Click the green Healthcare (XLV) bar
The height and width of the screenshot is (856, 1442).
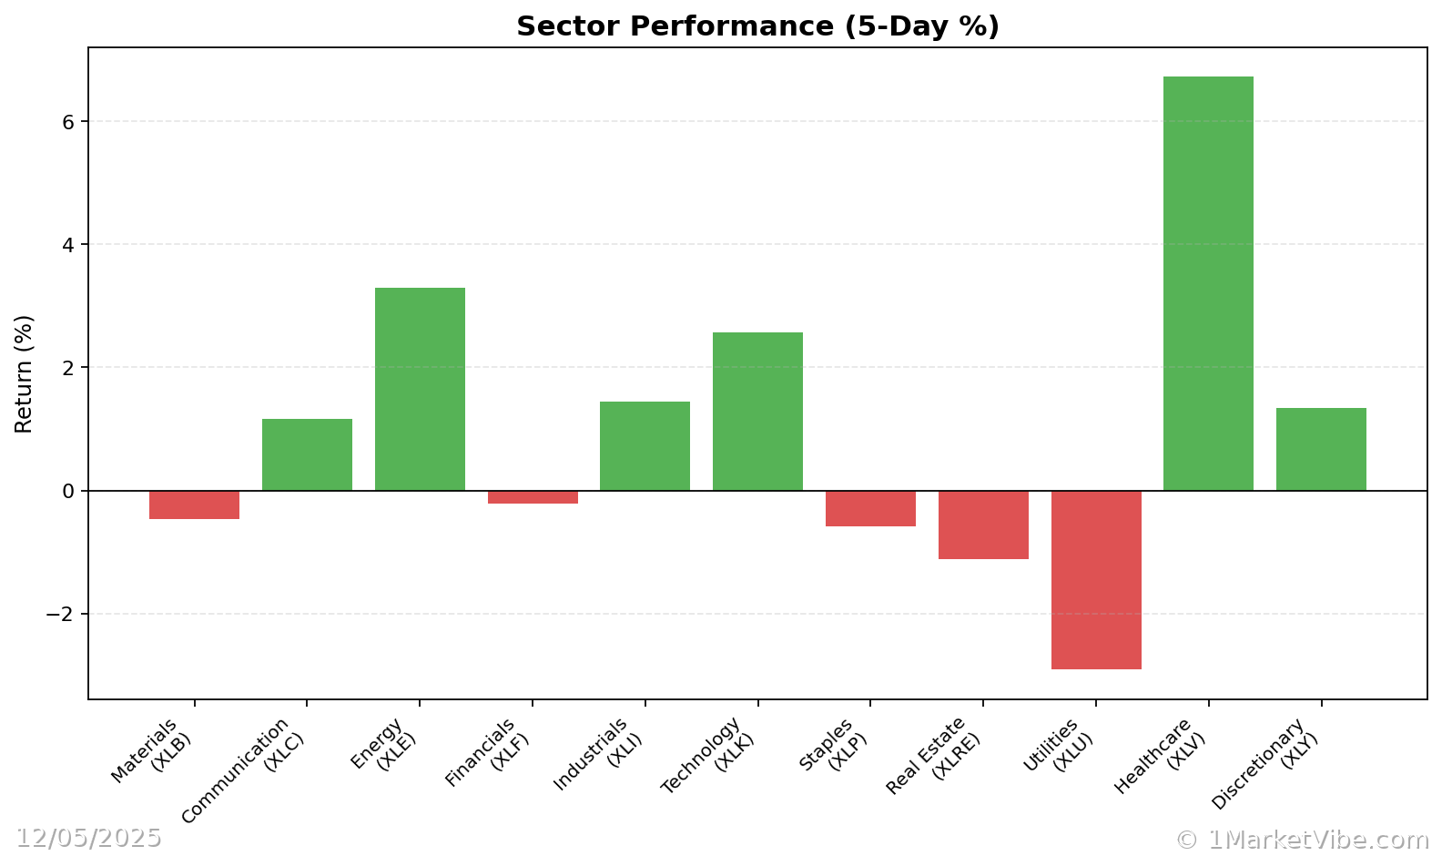pos(1208,283)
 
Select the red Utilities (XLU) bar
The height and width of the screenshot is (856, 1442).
pos(1096,580)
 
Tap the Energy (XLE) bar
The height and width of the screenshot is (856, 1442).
pos(420,389)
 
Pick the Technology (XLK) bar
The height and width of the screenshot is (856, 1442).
pos(757,412)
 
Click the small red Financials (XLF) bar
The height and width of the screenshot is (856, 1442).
pos(533,497)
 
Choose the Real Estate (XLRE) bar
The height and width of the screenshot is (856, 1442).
pos(983,525)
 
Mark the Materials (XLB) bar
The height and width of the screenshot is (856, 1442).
pos(194,504)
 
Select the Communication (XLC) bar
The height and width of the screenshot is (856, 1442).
pos(307,454)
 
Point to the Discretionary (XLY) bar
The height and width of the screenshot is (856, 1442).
pos(1321,449)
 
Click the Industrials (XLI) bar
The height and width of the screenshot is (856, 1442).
pos(645,446)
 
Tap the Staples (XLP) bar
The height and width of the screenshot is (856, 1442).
pos(870,508)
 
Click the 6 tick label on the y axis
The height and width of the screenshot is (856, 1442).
pos(69,122)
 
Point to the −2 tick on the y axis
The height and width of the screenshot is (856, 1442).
pos(60,615)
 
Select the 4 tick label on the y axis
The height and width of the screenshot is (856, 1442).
pos(69,245)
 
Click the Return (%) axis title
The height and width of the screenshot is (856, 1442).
pos(24,373)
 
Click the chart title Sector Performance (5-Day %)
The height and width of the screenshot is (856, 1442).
pos(757,26)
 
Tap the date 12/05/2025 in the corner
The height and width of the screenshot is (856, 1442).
pos(88,838)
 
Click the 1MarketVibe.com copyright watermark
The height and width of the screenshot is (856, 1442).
pos(1303,840)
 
